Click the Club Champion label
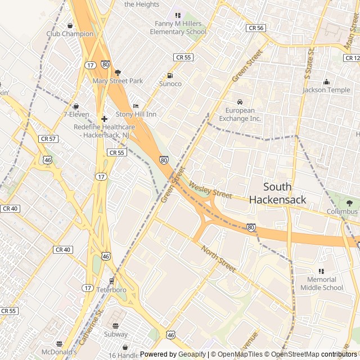[70, 34]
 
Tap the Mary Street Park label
[118, 81]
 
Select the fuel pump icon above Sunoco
[170, 75]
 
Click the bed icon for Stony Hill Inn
[136, 106]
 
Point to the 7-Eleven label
[76, 114]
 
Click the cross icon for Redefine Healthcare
[104, 119]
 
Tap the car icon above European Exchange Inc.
[240, 102]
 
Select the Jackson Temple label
[326, 90]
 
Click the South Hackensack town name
[277, 193]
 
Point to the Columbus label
[342, 211]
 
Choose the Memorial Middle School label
[321, 283]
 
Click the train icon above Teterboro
[111, 281]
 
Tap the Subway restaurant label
[115, 335]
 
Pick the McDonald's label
[58, 353]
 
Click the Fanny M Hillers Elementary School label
[178, 28]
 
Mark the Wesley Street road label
[211, 190]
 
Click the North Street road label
[218, 258]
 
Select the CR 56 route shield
[255, 28]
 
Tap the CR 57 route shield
[48, 138]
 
